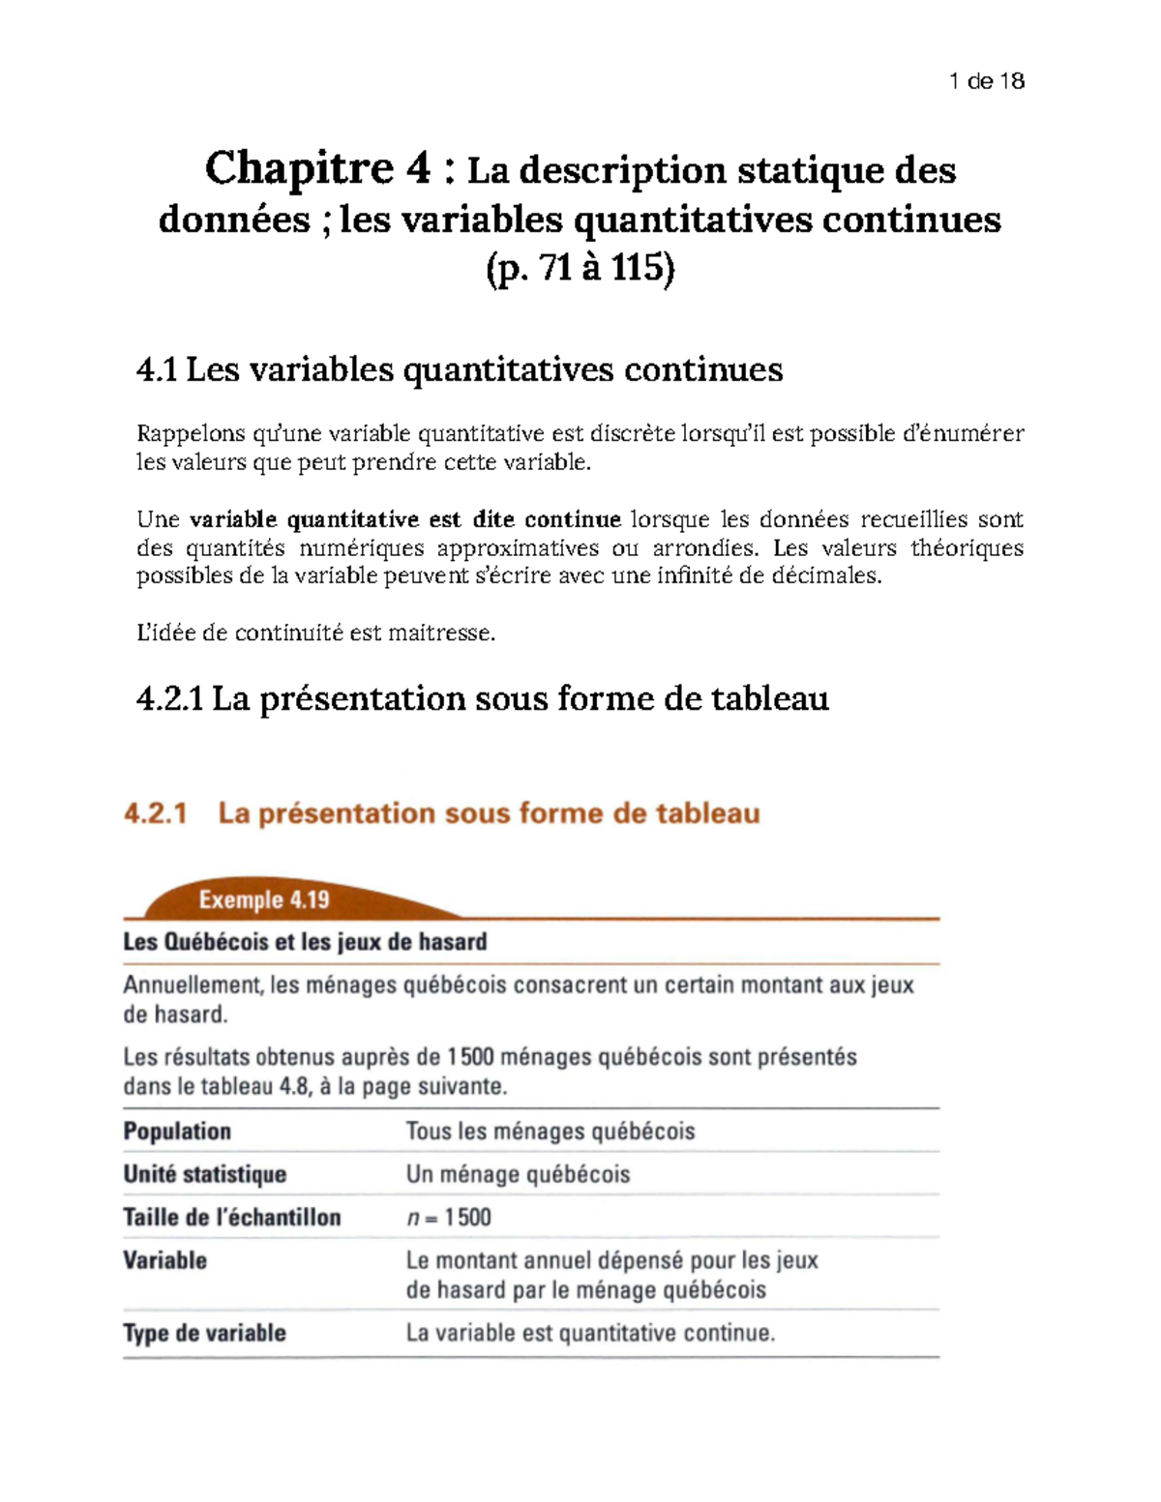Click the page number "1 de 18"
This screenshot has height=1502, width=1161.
pos(986,81)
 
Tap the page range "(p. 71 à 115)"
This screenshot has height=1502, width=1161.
pos(580,268)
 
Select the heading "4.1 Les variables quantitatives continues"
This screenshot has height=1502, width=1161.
pos(460,369)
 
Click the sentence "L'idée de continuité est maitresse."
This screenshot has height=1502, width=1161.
pos(315,633)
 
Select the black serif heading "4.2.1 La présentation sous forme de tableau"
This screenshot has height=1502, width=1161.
pos(483,698)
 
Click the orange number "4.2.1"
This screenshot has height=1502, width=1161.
pos(155,813)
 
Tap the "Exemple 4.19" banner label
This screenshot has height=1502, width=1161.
pos(264,900)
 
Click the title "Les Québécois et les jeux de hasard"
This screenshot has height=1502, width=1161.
pos(305,942)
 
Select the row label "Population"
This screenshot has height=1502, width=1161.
pos(177,1132)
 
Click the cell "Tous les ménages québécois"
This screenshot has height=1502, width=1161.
pos(550,1132)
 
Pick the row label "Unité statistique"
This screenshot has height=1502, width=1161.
pos(204,1174)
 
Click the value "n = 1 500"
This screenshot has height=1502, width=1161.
pos(448,1218)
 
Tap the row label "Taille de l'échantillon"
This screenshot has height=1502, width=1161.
pos(231,1218)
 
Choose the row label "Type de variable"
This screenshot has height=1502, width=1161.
pos(204,1333)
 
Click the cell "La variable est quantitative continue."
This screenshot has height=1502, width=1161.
pos(590,1333)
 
